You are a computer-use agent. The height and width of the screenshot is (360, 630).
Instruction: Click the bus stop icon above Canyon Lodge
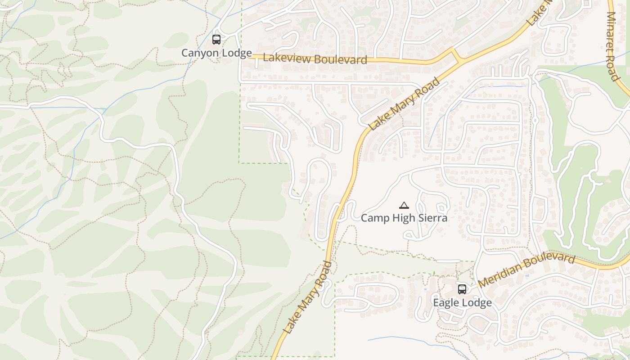(216, 40)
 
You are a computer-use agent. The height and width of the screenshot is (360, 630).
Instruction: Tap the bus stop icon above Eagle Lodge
(462, 289)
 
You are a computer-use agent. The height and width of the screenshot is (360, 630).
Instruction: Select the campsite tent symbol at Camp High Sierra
(404, 206)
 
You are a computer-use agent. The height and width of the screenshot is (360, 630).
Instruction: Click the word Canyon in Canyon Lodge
(198, 53)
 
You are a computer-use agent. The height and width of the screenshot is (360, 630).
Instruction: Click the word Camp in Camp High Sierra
(374, 218)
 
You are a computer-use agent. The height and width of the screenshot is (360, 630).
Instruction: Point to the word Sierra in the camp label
(433, 218)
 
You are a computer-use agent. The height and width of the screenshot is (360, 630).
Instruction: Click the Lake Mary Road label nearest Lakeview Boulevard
(404, 104)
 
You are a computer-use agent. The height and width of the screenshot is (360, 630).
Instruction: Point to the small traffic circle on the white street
(535, 121)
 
